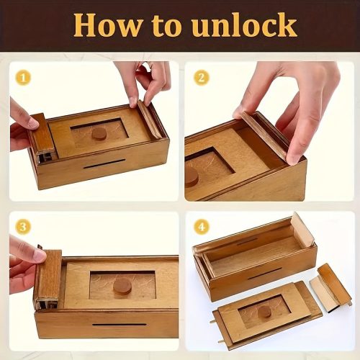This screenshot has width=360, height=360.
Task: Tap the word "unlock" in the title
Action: tap(244, 25)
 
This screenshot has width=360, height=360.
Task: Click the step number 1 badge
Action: tap(24, 77)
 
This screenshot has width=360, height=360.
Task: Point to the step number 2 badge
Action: tap(201, 77)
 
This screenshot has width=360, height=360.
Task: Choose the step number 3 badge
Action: tap(24, 228)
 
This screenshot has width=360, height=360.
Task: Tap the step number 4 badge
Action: tap(201, 227)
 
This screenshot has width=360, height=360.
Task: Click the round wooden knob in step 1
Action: tap(99, 133)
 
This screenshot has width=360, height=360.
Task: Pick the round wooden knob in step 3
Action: tap(122, 286)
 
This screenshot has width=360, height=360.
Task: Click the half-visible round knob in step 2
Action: tap(192, 175)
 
